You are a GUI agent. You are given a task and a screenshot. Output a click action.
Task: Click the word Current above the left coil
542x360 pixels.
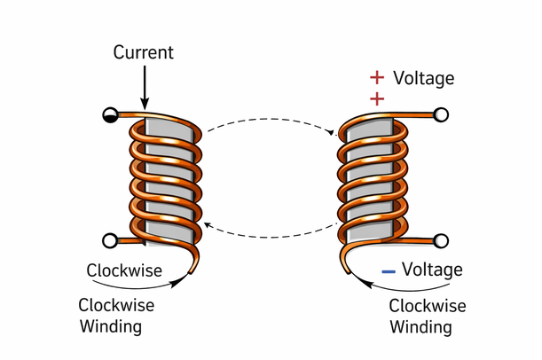(x=143, y=52)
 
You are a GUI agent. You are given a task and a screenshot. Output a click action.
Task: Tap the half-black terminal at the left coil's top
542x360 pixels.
(x=109, y=114)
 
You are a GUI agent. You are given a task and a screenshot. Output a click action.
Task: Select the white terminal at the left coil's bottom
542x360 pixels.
(x=109, y=239)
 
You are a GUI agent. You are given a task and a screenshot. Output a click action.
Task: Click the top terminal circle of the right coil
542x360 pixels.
(x=440, y=114)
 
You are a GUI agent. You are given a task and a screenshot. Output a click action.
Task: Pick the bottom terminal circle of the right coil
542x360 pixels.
(x=440, y=239)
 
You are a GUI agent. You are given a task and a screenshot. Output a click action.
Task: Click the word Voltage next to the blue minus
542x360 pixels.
(x=432, y=270)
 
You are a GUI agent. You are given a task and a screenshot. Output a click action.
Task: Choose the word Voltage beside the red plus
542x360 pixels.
(x=423, y=78)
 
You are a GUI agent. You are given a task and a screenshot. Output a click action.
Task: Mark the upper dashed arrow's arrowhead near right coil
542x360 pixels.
(x=334, y=134)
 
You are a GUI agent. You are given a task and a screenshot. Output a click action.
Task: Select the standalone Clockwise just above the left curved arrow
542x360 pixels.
(x=124, y=270)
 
